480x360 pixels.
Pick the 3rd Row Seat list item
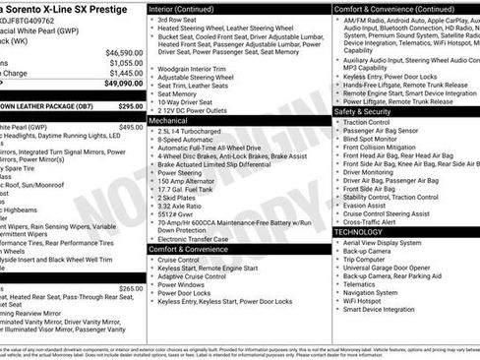coord(177,20)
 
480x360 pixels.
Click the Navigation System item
coord(378,291)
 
